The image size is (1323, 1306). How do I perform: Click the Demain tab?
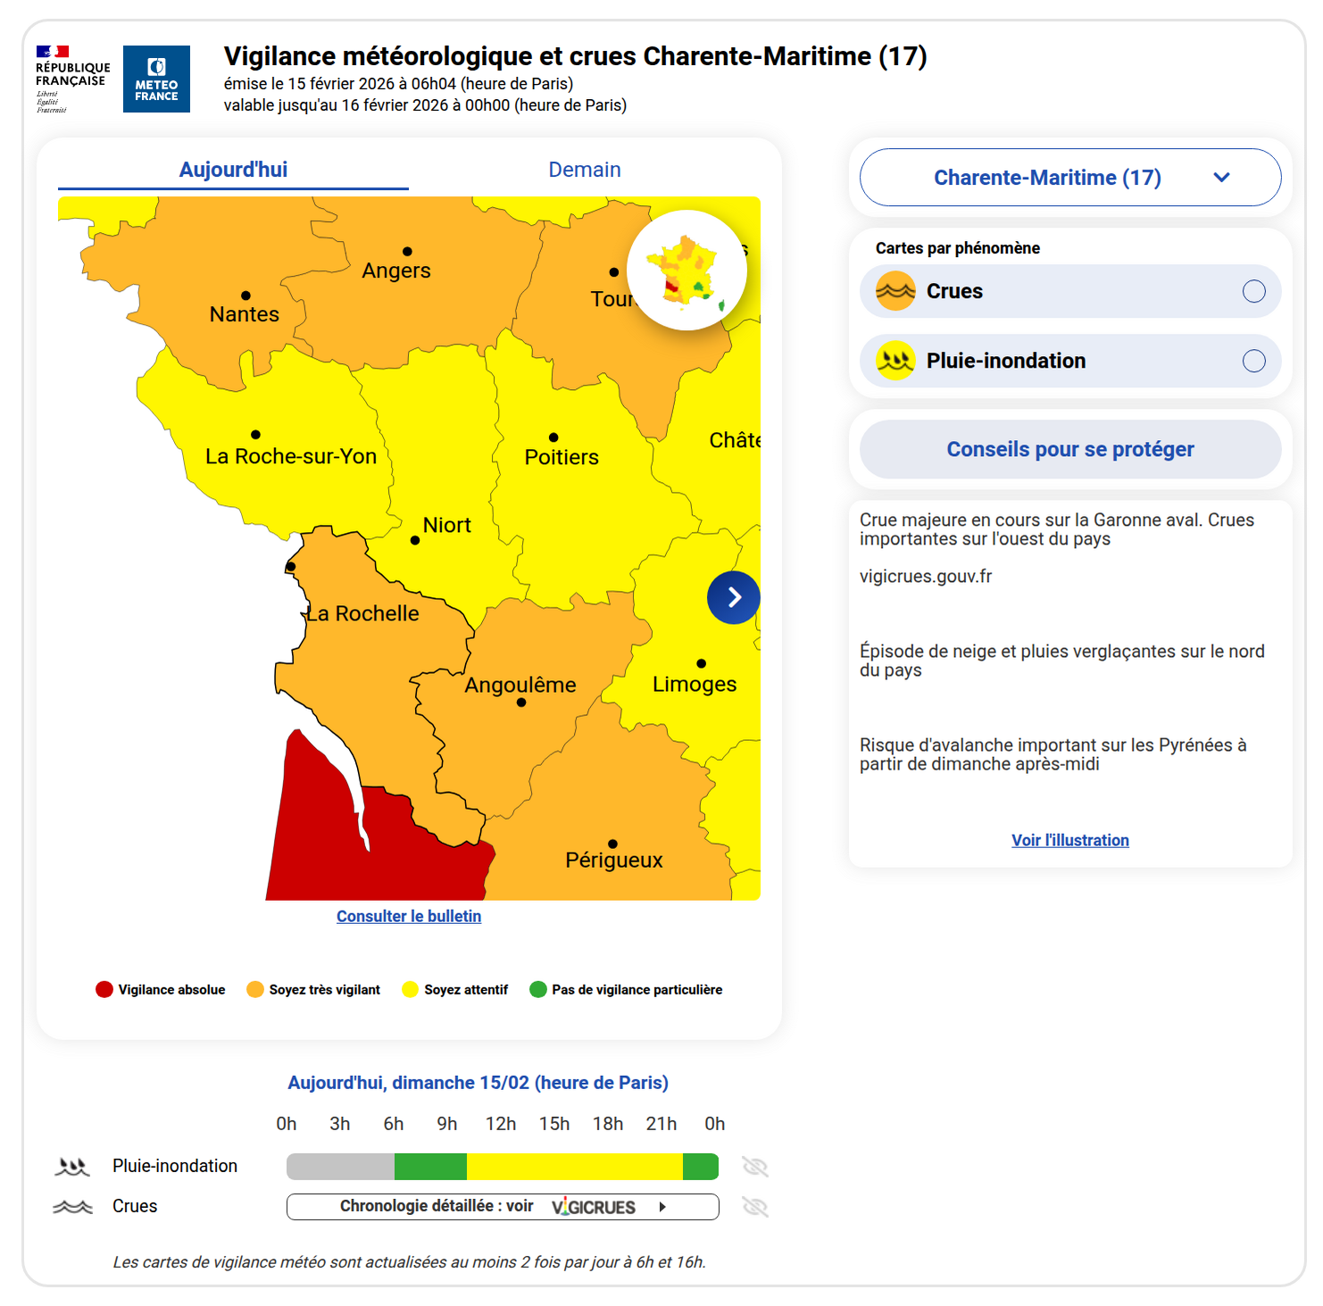(x=584, y=170)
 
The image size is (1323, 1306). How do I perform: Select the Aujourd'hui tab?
(x=233, y=170)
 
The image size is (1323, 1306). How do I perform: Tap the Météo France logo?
(x=156, y=79)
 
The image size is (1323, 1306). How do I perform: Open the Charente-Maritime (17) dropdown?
(x=1069, y=178)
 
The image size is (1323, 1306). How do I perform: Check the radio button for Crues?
(x=1253, y=291)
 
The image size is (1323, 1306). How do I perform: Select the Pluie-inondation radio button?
(x=1253, y=361)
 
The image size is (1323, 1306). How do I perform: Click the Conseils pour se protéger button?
(x=1069, y=449)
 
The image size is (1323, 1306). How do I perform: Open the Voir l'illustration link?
(x=1069, y=840)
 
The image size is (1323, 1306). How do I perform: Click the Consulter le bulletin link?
(x=409, y=916)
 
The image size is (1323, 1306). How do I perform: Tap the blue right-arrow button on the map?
(x=733, y=597)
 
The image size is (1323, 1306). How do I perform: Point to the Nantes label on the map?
(x=244, y=314)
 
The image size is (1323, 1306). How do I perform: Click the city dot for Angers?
(x=407, y=252)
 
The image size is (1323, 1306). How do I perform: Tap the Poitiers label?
(x=562, y=457)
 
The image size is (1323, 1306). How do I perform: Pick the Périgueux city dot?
(x=612, y=844)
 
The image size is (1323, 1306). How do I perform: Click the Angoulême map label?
(x=520, y=685)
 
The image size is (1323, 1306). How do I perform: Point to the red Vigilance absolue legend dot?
(x=104, y=989)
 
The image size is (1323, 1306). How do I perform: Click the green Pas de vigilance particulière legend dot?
(x=538, y=989)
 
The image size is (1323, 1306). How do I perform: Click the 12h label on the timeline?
(x=501, y=1124)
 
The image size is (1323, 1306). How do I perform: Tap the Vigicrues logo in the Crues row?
(x=594, y=1207)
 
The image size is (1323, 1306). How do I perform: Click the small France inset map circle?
(x=686, y=270)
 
